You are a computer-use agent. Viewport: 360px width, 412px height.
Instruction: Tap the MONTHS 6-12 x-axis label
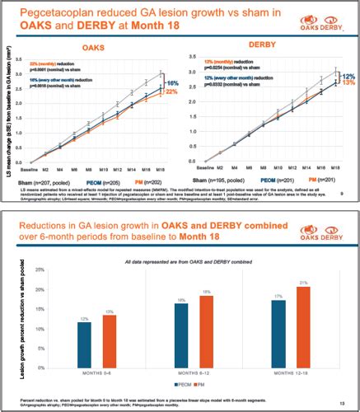coord(197,370)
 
